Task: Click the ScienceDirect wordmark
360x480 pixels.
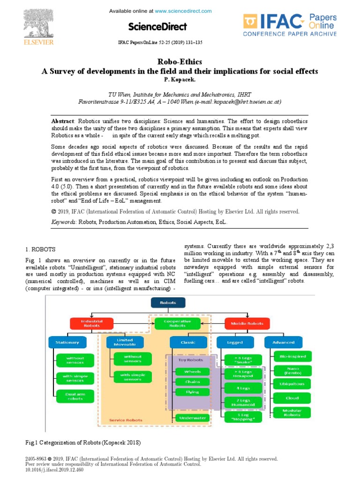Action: coord(157,26)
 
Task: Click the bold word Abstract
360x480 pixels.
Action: coord(63,121)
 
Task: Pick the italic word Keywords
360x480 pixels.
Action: coord(64,222)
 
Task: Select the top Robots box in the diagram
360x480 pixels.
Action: coord(168,303)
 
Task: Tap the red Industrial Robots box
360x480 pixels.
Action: coord(92,323)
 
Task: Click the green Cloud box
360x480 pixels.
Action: coord(292,398)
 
